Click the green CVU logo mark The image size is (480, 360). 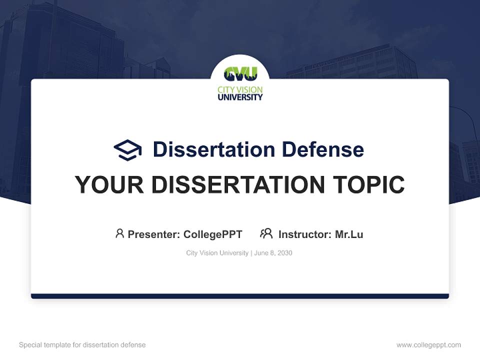[x=240, y=74]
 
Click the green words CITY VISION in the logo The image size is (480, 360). [x=240, y=90]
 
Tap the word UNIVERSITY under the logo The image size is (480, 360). [x=240, y=97]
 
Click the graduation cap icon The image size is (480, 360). [x=127, y=149]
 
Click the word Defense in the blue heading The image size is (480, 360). [x=322, y=149]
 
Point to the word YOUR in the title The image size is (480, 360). [x=109, y=184]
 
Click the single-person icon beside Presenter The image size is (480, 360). [x=119, y=233]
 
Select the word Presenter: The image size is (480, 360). [x=153, y=234]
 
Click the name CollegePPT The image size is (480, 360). [x=212, y=234]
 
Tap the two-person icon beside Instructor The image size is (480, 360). [x=266, y=233]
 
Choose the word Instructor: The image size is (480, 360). [x=304, y=234]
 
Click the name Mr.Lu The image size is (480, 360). [x=349, y=234]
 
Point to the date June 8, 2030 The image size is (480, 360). [x=273, y=253]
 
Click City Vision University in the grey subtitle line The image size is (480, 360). [x=217, y=253]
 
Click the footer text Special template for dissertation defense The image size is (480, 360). [x=82, y=345]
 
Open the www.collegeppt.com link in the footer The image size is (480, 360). [x=428, y=345]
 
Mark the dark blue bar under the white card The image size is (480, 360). [x=240, y=296]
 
